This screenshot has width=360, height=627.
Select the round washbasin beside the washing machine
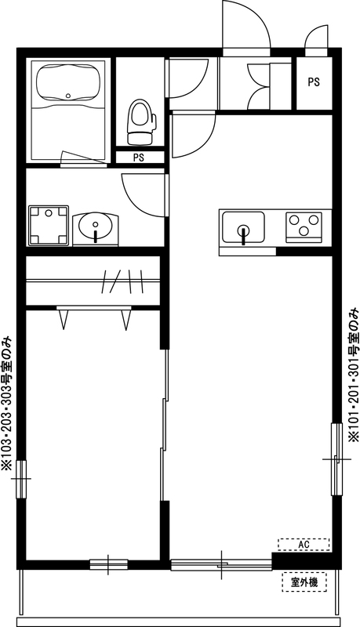tap(96, 227)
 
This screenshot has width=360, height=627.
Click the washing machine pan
tap(49, 225)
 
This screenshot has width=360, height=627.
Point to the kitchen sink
tap(242, 228)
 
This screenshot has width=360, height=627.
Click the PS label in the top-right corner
tap(314, 82)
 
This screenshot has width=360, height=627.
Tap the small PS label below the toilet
tap(138, 158)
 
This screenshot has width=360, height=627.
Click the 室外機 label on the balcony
tap(304, 582)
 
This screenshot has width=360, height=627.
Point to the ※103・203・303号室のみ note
tap(7, 404)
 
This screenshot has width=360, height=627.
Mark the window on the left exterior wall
tap(21, 470)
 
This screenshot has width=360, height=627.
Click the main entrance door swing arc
tap(245, 24)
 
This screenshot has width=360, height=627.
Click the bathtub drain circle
tap(69, 97)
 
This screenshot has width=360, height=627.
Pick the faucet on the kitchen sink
tap(243, 234)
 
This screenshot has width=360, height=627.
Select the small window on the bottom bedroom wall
tap(108, 563)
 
